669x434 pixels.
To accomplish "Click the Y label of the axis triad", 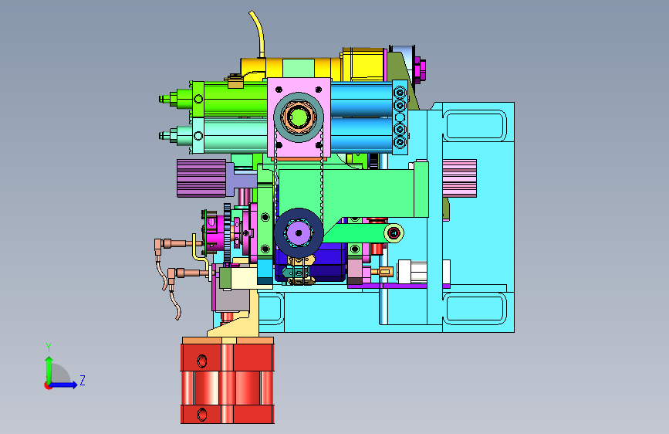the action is tap(49, 348).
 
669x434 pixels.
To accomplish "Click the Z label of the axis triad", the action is tap(83, 380).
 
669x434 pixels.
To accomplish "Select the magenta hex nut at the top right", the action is tap(421, 70).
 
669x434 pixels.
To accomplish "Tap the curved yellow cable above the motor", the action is tap(258, 33).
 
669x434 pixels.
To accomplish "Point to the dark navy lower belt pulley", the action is tap(299, 232).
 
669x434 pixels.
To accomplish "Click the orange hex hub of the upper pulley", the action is tap(299, 117).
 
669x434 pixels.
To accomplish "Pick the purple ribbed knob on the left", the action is tap(201, 178).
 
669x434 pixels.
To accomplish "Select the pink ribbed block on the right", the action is tap(460, 178).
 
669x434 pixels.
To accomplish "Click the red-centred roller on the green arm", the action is tap(394, 233).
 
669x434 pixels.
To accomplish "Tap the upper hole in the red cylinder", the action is tap(202, 361).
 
